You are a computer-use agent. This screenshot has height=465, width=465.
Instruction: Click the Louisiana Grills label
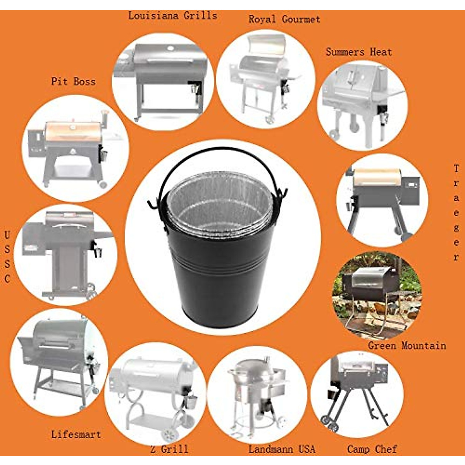coord(172,16)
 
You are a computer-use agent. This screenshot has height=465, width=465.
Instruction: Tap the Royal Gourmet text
coord(284,19)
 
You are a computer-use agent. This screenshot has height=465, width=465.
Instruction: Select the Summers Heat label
coord(358,52)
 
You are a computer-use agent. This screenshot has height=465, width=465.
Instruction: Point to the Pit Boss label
coord(73,81)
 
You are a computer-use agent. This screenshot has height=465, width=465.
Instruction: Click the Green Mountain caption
coord(407,345)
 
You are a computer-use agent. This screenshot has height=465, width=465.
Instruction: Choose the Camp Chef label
coord(372,449)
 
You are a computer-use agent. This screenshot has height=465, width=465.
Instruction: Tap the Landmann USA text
coord(282,449)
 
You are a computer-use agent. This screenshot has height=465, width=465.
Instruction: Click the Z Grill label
coord(169,449)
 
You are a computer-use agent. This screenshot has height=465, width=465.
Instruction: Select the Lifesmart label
coord(76,434)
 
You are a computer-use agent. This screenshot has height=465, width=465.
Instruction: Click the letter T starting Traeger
coord(456,169)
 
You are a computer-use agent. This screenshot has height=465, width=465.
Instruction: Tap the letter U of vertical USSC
coord(7,235)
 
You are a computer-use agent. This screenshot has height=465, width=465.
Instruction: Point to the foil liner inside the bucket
coord(219,205)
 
